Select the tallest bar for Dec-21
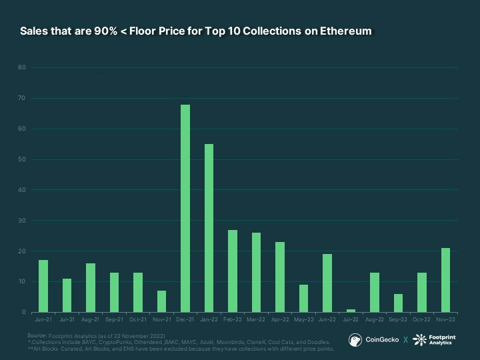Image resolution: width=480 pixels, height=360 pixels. click(x=185, y=209)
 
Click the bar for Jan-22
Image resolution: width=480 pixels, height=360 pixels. click(x=209, y=228)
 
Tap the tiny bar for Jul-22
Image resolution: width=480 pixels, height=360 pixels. click(x=351, y=311)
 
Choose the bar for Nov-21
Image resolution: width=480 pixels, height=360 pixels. click(x=161, y=301)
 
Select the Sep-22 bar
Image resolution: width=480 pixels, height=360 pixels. click(x=398, y=303)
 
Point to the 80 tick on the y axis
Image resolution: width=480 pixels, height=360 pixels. click(x=22, y=67)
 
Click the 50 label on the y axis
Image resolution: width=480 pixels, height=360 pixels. click(x=22, y=159)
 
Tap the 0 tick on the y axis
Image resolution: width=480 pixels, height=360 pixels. click(x=24, y=313)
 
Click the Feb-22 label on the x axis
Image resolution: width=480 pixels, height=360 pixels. click(x=233, y=321)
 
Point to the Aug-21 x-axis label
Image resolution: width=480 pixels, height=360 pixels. click(x=91, y=321)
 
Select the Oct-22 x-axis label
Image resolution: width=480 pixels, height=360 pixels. click(x=421, y=321)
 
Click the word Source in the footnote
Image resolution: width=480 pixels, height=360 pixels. click(x=37, y=335)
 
